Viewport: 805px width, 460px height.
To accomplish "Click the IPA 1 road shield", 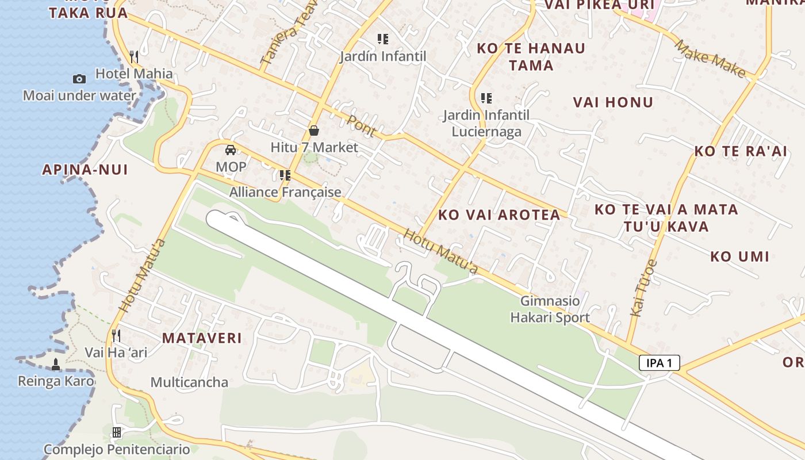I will [659, 363].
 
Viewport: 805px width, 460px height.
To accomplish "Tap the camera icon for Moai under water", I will [79, 79].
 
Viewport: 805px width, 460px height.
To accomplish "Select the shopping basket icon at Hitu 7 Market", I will [314, 131].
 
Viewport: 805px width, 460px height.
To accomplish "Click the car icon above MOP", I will [231, 150].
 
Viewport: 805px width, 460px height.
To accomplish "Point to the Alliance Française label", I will [285, 192].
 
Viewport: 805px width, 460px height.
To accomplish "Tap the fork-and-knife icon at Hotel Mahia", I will [134, 56].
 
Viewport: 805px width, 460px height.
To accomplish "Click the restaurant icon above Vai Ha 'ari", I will [116, 335].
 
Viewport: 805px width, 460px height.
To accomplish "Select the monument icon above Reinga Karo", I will [56, 364].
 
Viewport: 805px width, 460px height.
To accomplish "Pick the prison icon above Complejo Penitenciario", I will [117, 432].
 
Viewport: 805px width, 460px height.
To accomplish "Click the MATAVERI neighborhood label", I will [202, 338].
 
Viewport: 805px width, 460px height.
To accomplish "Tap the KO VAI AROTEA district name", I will [499, 215].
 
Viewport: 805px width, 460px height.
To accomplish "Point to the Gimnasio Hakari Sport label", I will [550, 309].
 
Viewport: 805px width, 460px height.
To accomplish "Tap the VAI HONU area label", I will [613, 102].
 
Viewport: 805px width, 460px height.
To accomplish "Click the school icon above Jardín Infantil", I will [383, 39].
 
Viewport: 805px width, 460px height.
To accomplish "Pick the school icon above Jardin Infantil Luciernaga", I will [486, 98].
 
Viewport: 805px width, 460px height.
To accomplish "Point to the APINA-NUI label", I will [85, 170].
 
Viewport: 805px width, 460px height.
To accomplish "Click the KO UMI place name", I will [739, 256].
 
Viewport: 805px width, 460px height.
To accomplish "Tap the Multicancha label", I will [189, 382].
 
